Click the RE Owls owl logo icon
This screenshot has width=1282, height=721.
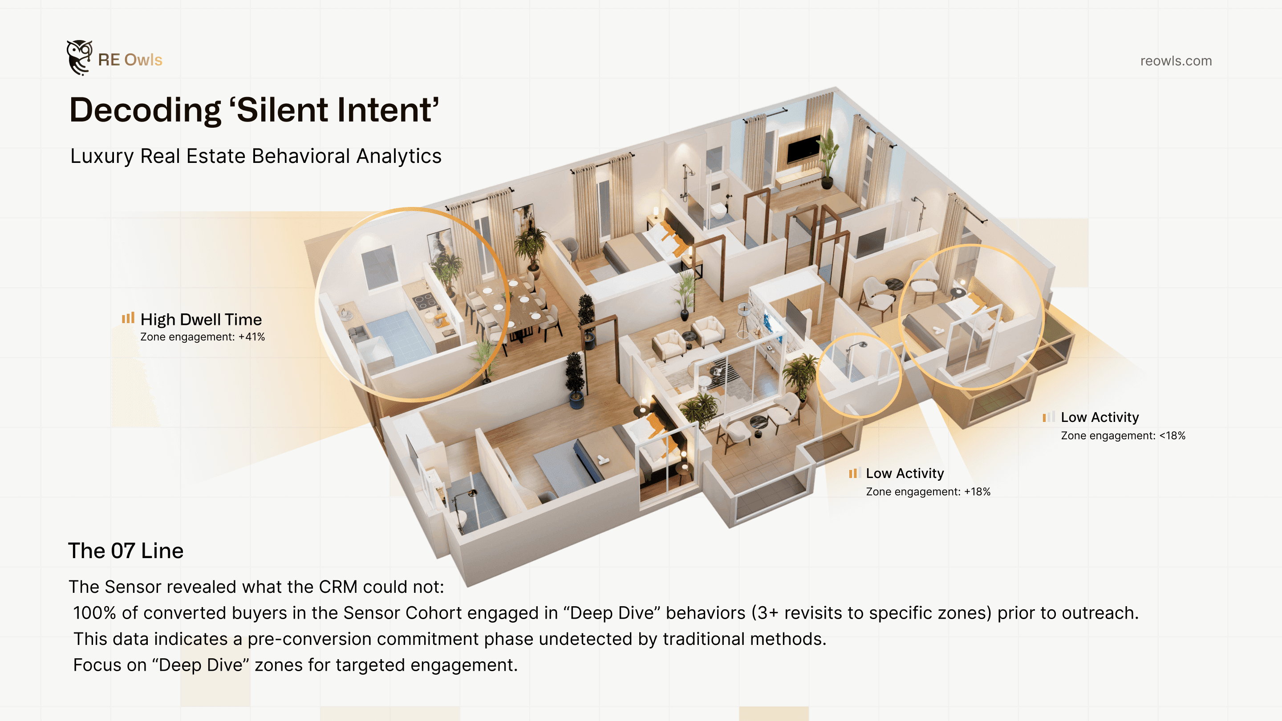79,58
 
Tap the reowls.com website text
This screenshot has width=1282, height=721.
1176,61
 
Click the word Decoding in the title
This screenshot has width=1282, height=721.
145,110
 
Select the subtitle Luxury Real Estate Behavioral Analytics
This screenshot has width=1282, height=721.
256,156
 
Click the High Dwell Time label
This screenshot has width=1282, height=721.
201,320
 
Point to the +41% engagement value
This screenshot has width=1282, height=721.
252,337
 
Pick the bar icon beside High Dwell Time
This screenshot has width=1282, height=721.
128,318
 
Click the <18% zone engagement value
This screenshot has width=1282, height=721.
1172,436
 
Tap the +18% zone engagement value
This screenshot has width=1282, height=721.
977,492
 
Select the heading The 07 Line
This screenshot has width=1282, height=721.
126,551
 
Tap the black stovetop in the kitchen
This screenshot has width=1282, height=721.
424,300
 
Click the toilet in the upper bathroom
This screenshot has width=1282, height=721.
718,211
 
